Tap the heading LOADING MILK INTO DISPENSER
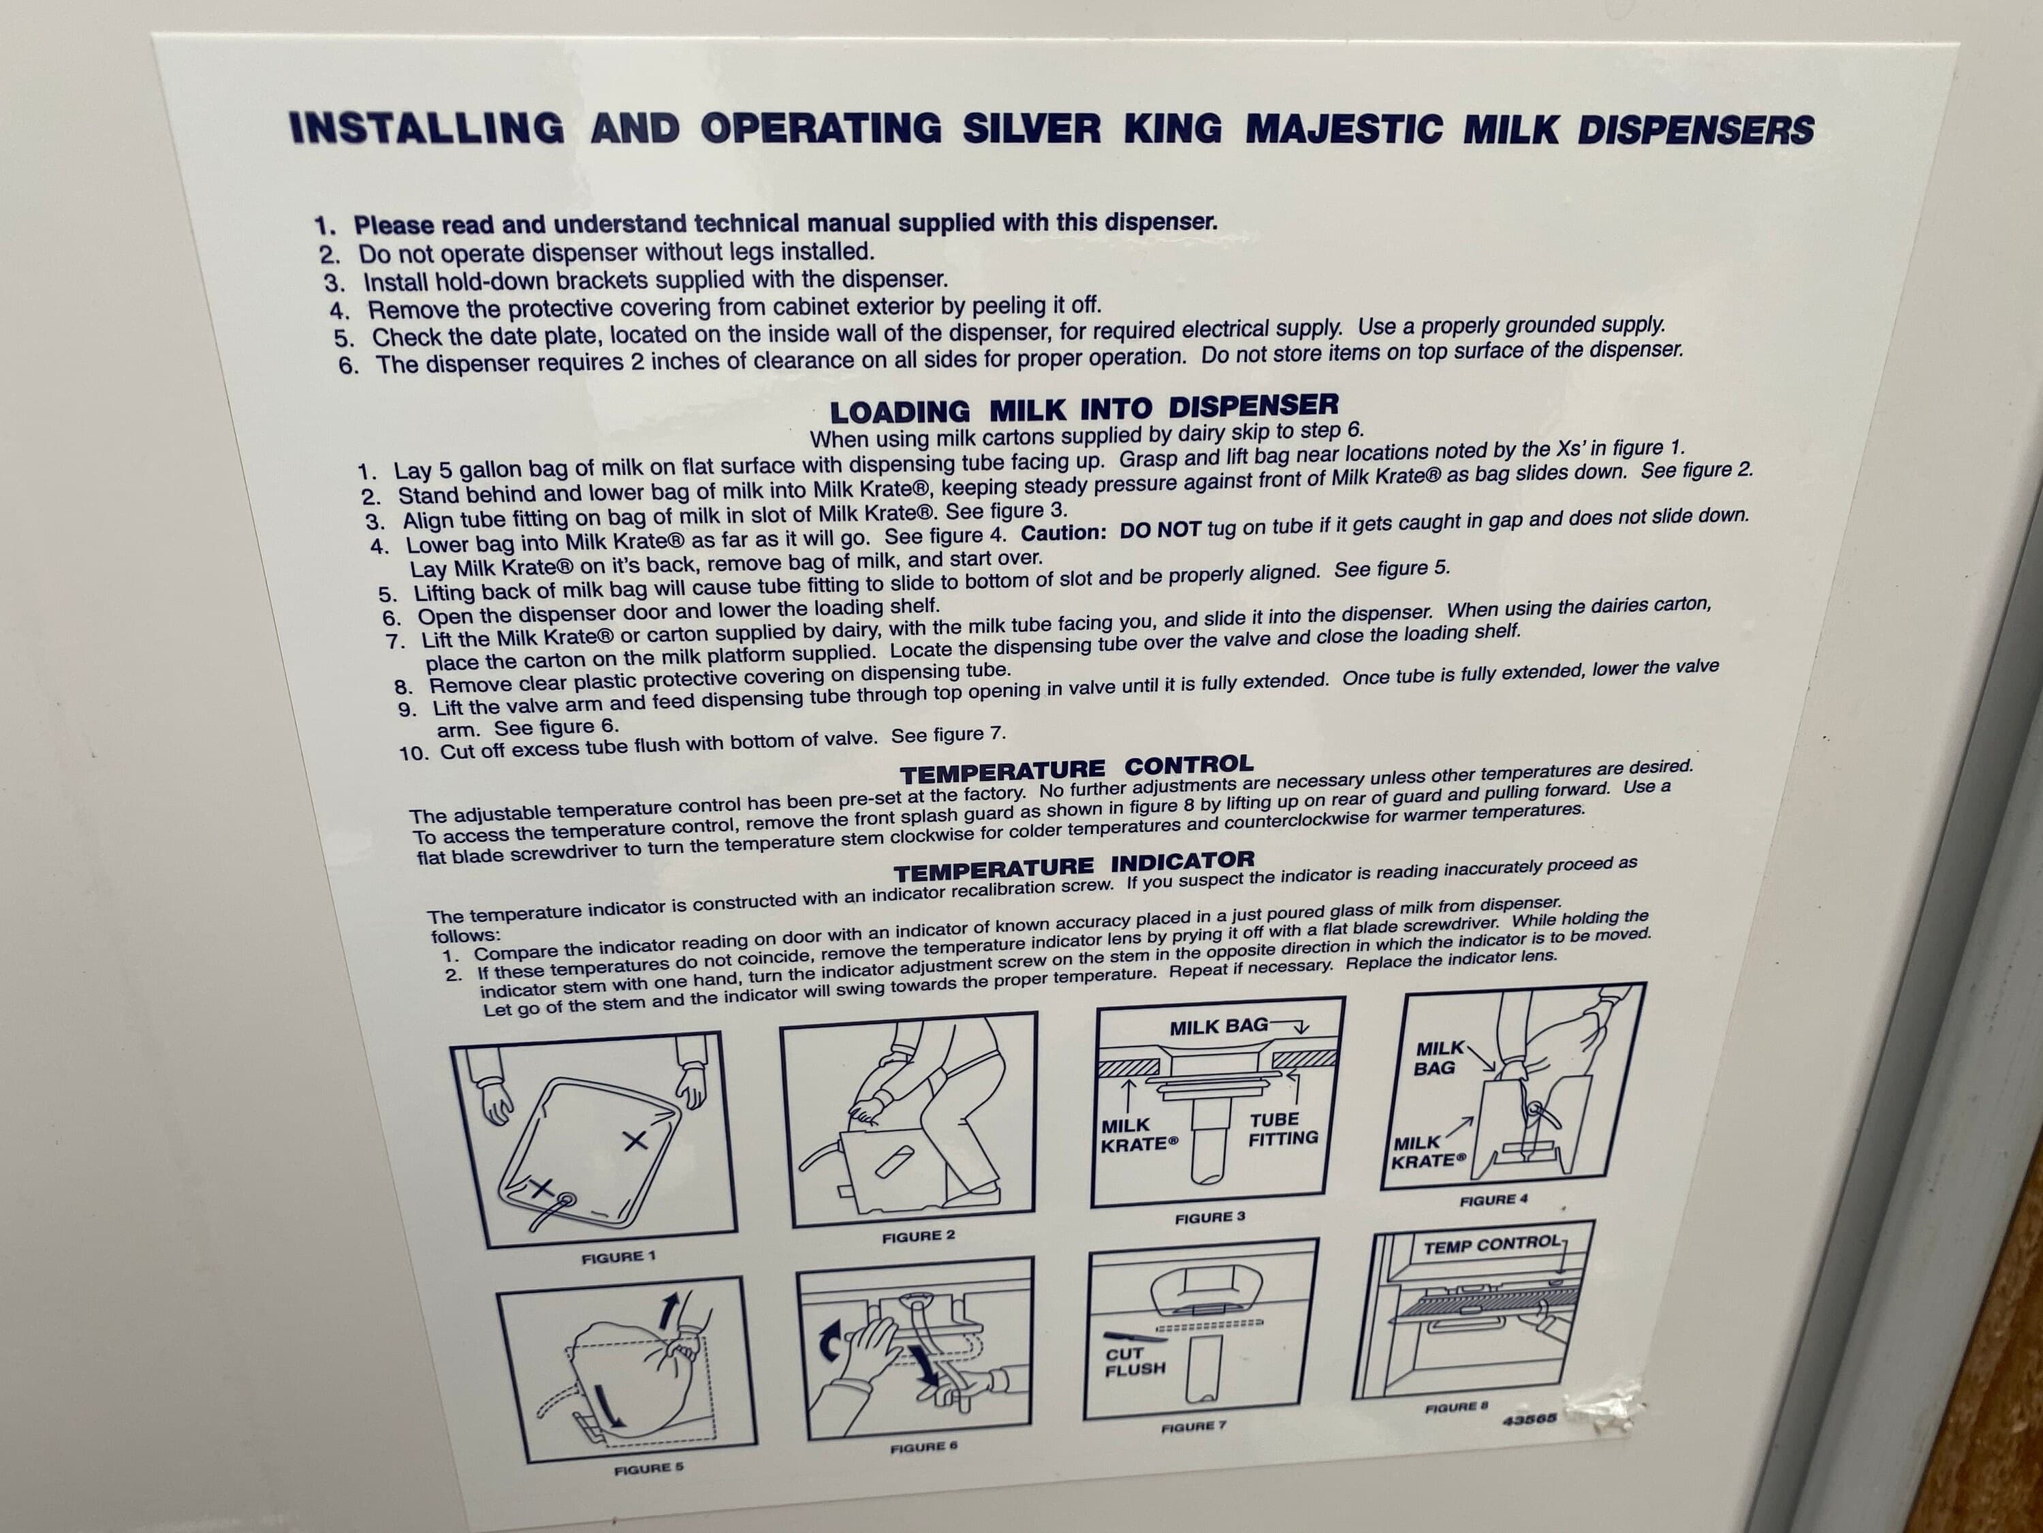pyautogui.click(x=1083, y=407)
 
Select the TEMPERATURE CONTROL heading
pyautogui.click(x=1077, y=767)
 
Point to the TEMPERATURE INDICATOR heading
pyautogui.click(x=1074, y=865)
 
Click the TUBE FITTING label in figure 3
pyautogui.click(x=1283, y=1129)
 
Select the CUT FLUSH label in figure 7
pyautogui.click(x=1135, y=1361)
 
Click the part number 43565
pyautogui.click(x=1530, y=1419)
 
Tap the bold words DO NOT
pyautogui.click(x=1159, y=530)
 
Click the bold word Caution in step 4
pyautogui.click(x=1062, y=533)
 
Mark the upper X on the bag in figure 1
pyautogui.click(x=635, y=1141)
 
